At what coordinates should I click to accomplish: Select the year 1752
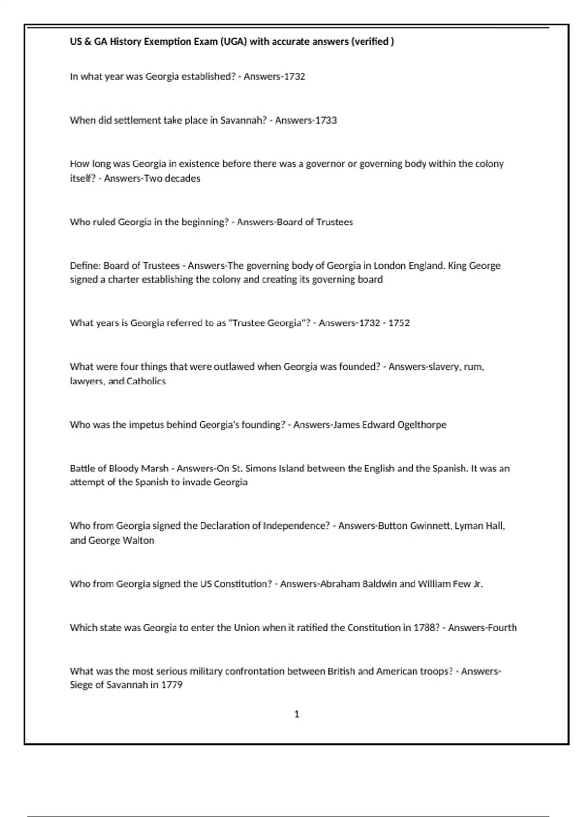tap(399, 323)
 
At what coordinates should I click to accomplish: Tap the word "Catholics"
tap(146, 381)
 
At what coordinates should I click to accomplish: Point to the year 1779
tap(172, 685)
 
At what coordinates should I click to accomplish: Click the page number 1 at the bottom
tap(297, 714)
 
